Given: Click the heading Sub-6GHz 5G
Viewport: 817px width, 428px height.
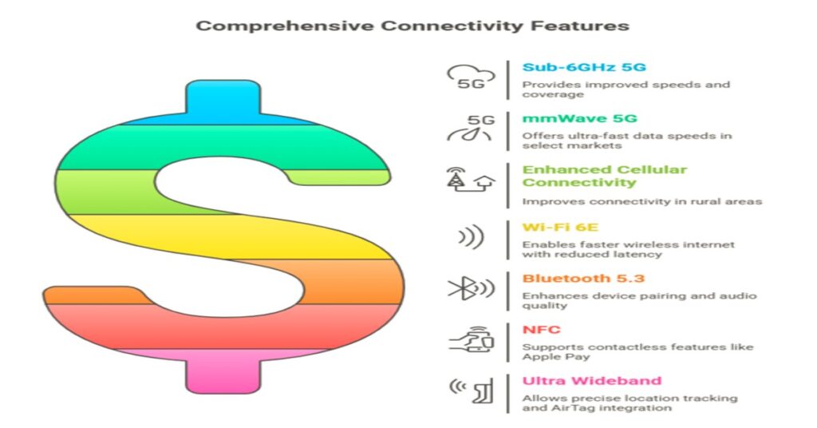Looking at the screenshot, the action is [584, 67].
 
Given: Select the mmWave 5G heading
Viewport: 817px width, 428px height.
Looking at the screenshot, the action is [579, 118].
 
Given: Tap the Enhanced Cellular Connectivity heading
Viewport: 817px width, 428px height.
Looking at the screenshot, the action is [605, 176].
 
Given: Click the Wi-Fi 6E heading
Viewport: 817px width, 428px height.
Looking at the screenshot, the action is [560, 228].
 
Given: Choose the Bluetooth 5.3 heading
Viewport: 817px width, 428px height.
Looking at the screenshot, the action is [583, 279].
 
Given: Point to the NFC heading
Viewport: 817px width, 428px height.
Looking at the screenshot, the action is [542, 330].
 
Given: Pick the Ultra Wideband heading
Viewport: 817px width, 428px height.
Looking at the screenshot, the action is [592, 381].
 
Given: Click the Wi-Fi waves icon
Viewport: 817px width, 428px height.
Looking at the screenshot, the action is [471, 237].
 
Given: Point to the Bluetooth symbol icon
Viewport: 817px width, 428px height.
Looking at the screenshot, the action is [471, 288].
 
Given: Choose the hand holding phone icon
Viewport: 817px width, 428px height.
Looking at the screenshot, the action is [471, 339].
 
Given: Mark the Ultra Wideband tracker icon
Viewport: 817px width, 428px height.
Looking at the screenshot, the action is [471, 390].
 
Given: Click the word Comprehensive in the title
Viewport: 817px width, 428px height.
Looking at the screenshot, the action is [285, 26].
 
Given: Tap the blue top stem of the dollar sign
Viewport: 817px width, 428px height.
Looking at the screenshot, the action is [223, 102].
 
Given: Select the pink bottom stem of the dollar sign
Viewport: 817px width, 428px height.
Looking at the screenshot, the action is [223, 371].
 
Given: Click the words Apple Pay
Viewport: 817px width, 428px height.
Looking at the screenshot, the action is [556, 357].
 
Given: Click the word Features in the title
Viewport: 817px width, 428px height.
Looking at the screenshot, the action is [580, 26].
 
